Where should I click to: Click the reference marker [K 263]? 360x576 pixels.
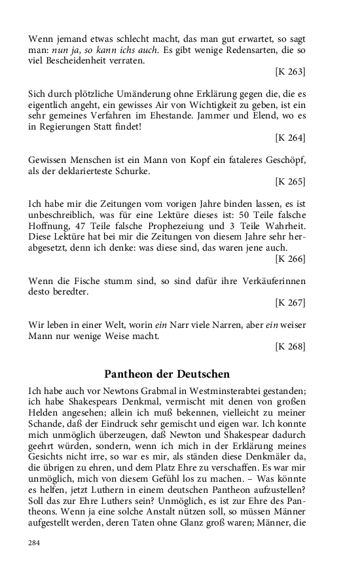pos(290,71)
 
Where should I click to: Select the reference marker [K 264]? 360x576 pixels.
pos(290,137)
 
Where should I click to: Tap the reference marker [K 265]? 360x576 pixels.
pos(290,181)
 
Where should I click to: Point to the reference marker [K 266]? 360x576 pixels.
pos(290,259)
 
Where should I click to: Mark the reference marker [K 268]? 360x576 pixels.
pos(290,347)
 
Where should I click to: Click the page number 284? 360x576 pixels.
pos(35,542)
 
